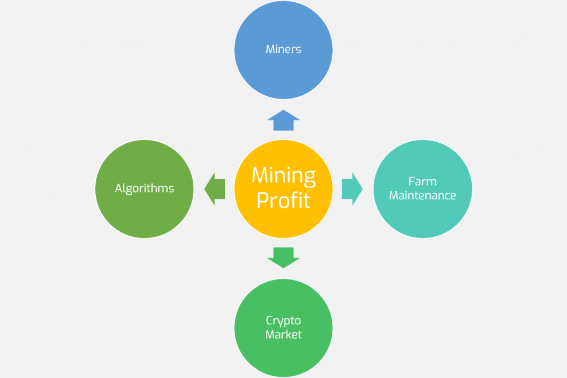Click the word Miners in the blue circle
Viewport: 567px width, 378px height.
[x=283, y=49]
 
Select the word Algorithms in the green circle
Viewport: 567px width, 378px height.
[x=145, y=189]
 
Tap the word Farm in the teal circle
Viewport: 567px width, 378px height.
[x=422, y=182]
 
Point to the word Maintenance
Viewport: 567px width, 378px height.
[x=422, y=195]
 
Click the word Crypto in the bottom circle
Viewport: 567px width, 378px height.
[x=283, y=320]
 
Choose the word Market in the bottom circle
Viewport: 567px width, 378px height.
[x=283, y=334]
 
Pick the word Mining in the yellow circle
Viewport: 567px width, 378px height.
[x=283, y=176]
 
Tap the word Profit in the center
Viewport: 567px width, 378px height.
[x=283, y=200]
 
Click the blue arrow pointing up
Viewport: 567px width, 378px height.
[x=283, y=120]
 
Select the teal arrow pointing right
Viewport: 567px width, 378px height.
[x=352, y=189]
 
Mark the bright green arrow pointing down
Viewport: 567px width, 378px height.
[x=283, y=257]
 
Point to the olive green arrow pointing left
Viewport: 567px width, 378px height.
[x=215, y=189]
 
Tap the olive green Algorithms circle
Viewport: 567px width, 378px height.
[x=145, y=216]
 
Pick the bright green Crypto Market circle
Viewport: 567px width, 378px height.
[x=283, y=354]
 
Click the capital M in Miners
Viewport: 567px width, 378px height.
[x=270, y=49]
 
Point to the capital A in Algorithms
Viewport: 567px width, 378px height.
[x=118, y=189]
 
